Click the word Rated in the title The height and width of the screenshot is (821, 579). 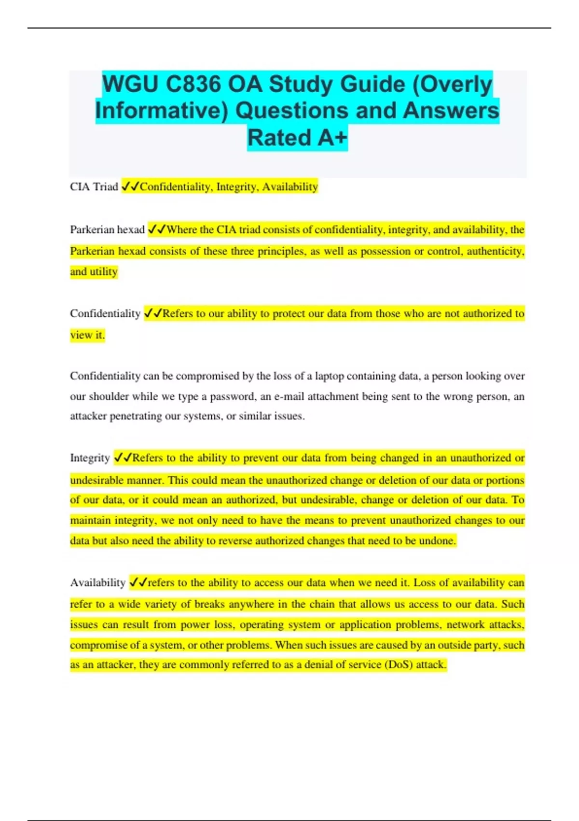(279, 138)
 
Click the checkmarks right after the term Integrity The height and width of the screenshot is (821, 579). (123, 458)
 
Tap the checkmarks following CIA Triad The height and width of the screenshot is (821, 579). (130, 187)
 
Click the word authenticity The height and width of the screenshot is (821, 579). (495, 251)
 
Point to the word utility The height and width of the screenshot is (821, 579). (103, 272)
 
